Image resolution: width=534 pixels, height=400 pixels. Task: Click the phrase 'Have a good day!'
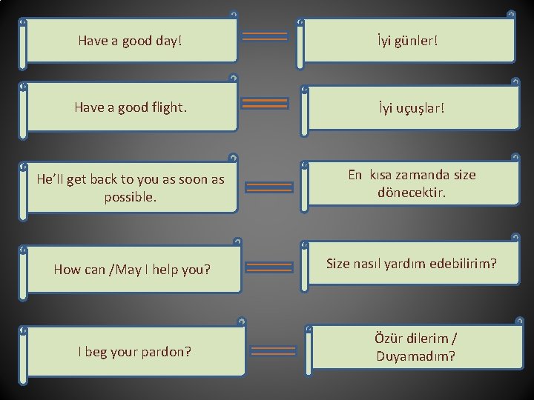point(129,41)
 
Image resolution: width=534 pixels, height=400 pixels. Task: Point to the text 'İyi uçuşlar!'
point(412,108)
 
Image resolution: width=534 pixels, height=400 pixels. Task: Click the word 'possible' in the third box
point(130,199)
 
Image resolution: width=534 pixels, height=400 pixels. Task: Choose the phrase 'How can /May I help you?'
point(132,269)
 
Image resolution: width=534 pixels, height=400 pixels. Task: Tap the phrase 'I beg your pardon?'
point(134,351)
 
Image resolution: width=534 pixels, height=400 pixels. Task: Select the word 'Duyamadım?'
point(415,356)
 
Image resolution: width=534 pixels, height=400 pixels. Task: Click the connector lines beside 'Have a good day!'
point(265,36)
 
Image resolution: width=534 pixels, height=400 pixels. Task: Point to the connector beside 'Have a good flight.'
point(265,103)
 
